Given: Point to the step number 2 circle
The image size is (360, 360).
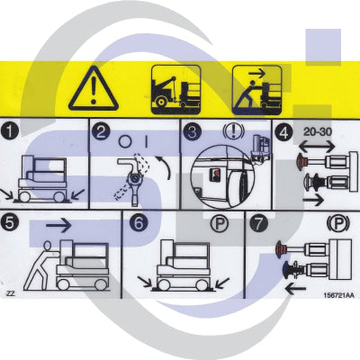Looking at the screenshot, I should tap(103, 131).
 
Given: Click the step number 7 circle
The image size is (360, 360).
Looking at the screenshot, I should tap(258, 223).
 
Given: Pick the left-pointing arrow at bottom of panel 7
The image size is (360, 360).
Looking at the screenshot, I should tap(294, 290).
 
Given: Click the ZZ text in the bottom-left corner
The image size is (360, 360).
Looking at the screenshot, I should tap(11, 293).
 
